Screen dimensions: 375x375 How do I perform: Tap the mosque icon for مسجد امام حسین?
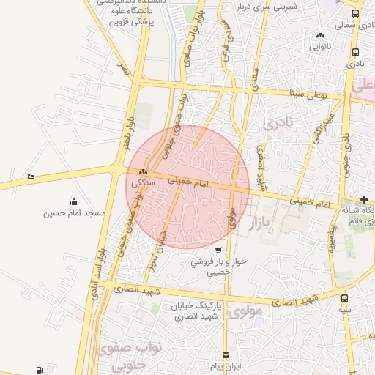click(x=73, y=201)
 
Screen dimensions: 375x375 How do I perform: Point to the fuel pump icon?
click(x=39, y=370)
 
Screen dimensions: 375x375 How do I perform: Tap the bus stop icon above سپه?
click(x=346, y=297)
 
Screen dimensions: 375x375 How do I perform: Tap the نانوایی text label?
click(x=319, y=46)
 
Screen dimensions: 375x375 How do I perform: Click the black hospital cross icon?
click(x=365, y=199)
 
